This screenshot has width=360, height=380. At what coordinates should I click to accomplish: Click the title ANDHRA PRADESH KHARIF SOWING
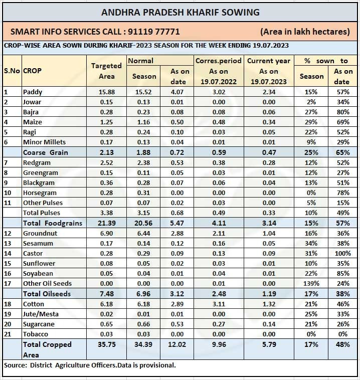coord(180,12)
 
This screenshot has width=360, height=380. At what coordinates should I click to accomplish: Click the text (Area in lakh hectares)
coord(305,31)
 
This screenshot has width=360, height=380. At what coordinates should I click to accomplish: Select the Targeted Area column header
coord(106,71)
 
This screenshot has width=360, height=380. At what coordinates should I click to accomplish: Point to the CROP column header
coord(33,71)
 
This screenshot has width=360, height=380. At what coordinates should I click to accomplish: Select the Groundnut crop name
coord(41,233)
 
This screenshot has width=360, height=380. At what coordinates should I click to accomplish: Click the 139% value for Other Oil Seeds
coord(311,284)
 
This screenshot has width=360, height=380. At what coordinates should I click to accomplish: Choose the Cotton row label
coord(34,304)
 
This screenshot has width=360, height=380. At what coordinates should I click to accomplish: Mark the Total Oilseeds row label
coord(47,294)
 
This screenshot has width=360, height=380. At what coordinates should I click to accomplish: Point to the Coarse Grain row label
coord(45,152)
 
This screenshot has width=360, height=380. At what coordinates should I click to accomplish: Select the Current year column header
coord(269,61)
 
